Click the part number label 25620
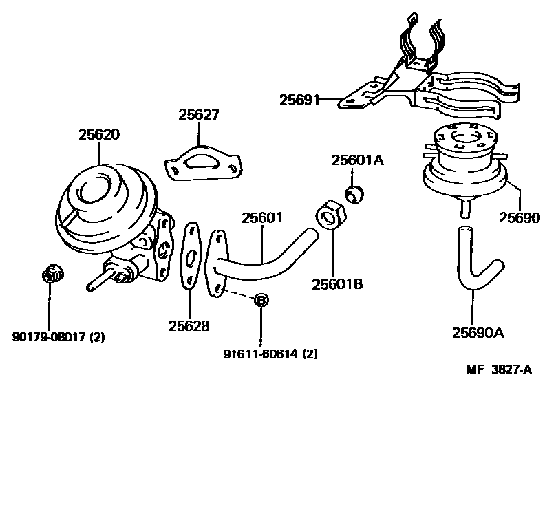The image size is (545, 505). click(x=98, y=134)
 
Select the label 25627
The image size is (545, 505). click(x=199, y=115)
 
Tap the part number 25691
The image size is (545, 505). click(x=300, y=100)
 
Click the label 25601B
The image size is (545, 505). click(x=336, y=283)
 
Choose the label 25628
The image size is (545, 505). click(x=189, y=325)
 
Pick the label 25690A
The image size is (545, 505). click(x=478, y=334)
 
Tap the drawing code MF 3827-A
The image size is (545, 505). click(x=500, y=370)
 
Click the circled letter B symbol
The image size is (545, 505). click(x=261, y=300)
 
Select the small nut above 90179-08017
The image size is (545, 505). click(x=52, y=275)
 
